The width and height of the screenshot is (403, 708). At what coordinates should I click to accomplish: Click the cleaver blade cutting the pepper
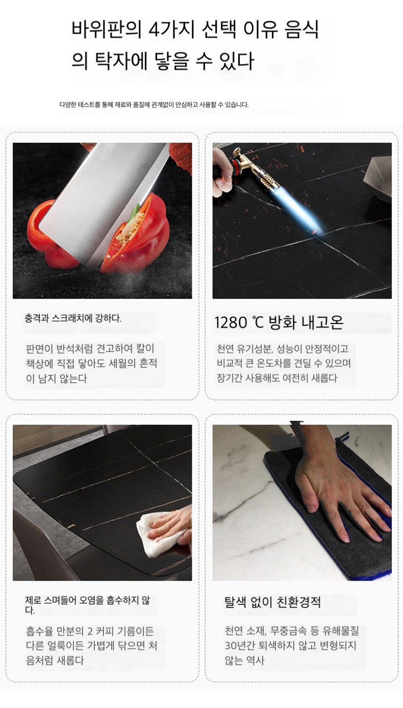click(x=104, y=203)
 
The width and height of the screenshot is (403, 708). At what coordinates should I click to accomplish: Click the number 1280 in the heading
click(x=231, y=323)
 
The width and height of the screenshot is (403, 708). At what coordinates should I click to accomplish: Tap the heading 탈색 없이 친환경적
click(x=272, y=602)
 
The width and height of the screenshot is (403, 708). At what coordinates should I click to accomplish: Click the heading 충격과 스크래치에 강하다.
click(x=73, y=318)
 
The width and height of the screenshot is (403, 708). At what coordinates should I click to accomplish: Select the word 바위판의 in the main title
click(x=107, y=29)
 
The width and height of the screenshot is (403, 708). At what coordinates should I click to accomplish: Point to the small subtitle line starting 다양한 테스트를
click(x=154, y=105)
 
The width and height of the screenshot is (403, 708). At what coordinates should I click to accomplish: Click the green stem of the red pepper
click(x=135, y=210)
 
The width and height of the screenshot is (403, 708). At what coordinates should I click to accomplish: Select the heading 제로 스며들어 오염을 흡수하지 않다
click(x=88, y=605)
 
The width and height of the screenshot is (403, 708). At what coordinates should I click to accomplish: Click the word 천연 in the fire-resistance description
click(x=225, y=348)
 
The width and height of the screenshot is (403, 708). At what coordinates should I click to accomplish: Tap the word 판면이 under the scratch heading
click(x=39, y=348)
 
